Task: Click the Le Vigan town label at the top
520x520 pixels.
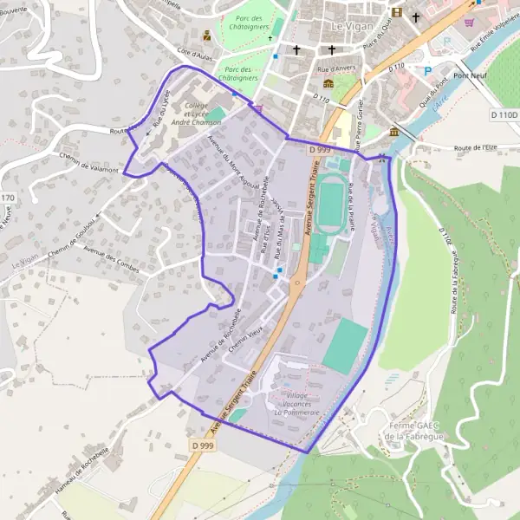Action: (x=350, y=27)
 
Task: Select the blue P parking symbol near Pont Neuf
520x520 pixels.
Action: (x=427, y=70)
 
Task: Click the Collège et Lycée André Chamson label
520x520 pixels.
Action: (x=196, y=114)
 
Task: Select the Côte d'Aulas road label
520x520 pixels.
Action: (x=194, y=55)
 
